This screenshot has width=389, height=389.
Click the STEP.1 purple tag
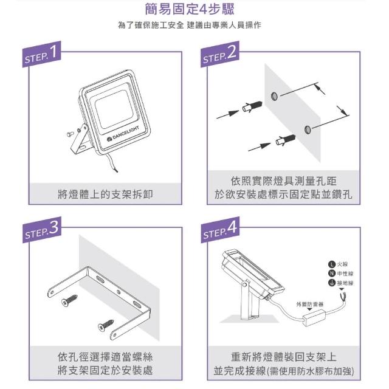pos(42,54)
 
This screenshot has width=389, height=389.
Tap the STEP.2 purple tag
pos(220,54)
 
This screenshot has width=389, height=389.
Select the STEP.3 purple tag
pos(42,230)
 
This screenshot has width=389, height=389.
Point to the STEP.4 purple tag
pos(220,230)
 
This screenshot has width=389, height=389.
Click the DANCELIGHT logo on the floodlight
pos(123,134)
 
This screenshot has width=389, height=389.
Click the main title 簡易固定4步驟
pos(190,9)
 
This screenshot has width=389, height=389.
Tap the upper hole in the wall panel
pos(274,96)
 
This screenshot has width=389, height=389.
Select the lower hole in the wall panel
pos(308,129)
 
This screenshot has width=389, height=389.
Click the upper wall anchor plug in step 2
pos(252,107)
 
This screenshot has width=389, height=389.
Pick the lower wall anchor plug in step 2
pos(286,140)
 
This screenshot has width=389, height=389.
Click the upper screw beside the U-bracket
pos(69,300)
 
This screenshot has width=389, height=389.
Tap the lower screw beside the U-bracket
pos(106,325)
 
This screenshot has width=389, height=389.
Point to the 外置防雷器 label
pos(310,304)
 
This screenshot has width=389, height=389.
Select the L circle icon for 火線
pos(332,264)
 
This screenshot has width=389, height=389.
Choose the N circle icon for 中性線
pos(332,274)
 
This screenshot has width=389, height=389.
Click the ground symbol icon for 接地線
pos(332,283)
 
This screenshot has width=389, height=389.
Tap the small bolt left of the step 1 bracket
pos(71,134)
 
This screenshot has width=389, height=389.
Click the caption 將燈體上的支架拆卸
pos(105,194)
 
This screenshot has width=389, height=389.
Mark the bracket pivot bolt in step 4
pos(245,285)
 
